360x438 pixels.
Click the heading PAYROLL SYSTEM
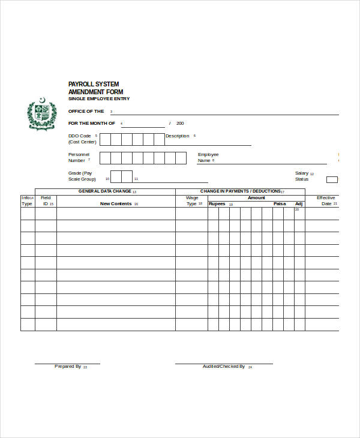click(x=94, y=84)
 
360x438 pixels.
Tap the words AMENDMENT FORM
click(x=96, y=92)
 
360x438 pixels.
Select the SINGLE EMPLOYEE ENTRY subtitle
click(x=98, y=99)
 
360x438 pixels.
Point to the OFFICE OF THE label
click(x=86, y=112)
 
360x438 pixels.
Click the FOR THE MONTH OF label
click(x=92, y=124)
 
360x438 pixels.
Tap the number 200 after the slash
click(x=180, y=124)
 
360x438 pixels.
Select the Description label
click(x=177, y=136)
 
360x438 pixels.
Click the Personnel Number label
click(x=78, y=158)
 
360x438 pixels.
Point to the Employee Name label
click(x=208, y=158)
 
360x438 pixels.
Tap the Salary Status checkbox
click(x=332, y=179)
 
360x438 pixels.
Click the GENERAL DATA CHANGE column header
click(x=105, y=191)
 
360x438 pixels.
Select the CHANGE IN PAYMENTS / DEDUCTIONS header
click(x=240, y=191)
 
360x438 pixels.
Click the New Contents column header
click(x=116, y=204)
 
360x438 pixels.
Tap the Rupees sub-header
click(x=217, y=204)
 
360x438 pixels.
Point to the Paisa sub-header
click(x=280, y=204)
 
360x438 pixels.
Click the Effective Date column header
click(x=326, y=201)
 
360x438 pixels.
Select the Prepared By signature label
click(x=68, y=366)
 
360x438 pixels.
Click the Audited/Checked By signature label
click(x=223, y=366)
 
